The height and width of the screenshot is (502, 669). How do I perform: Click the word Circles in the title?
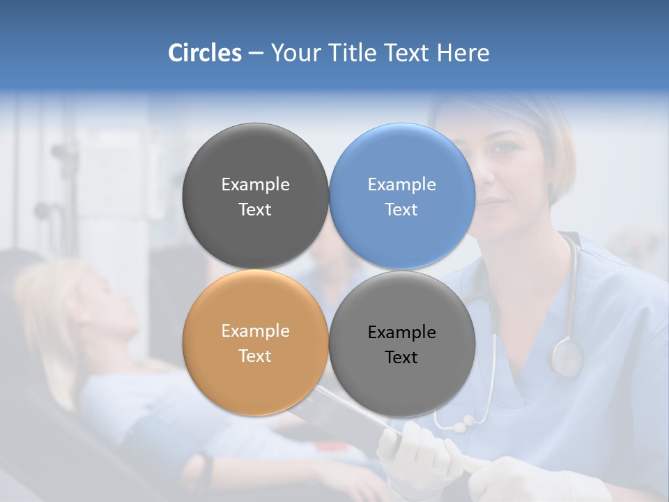click(x=204, y=53)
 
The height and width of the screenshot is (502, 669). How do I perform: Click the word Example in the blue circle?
click(x=401, y=185)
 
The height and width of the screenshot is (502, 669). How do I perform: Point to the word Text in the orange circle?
click(x=255, y=356)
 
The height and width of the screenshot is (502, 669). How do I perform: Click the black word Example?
click(x=401, y=333)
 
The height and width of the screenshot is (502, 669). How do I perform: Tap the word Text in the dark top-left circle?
click(x=255, y=210)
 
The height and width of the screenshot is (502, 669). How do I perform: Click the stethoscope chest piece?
click(x=565, y=357)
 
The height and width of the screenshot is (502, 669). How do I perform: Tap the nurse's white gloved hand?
click(x=411, y=453)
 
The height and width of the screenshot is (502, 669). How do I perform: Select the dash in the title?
click(x=256, y=53)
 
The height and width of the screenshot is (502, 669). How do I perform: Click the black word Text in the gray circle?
click(x=401, y=358)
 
